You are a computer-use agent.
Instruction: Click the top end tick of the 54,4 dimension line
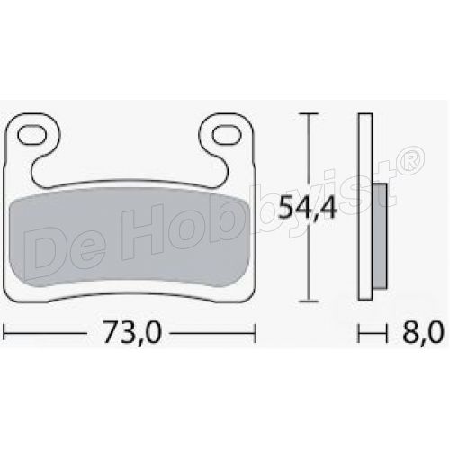pos(309,114)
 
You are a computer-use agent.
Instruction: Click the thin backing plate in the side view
pos(364,207)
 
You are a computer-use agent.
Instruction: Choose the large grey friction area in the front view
pos(130,243)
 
